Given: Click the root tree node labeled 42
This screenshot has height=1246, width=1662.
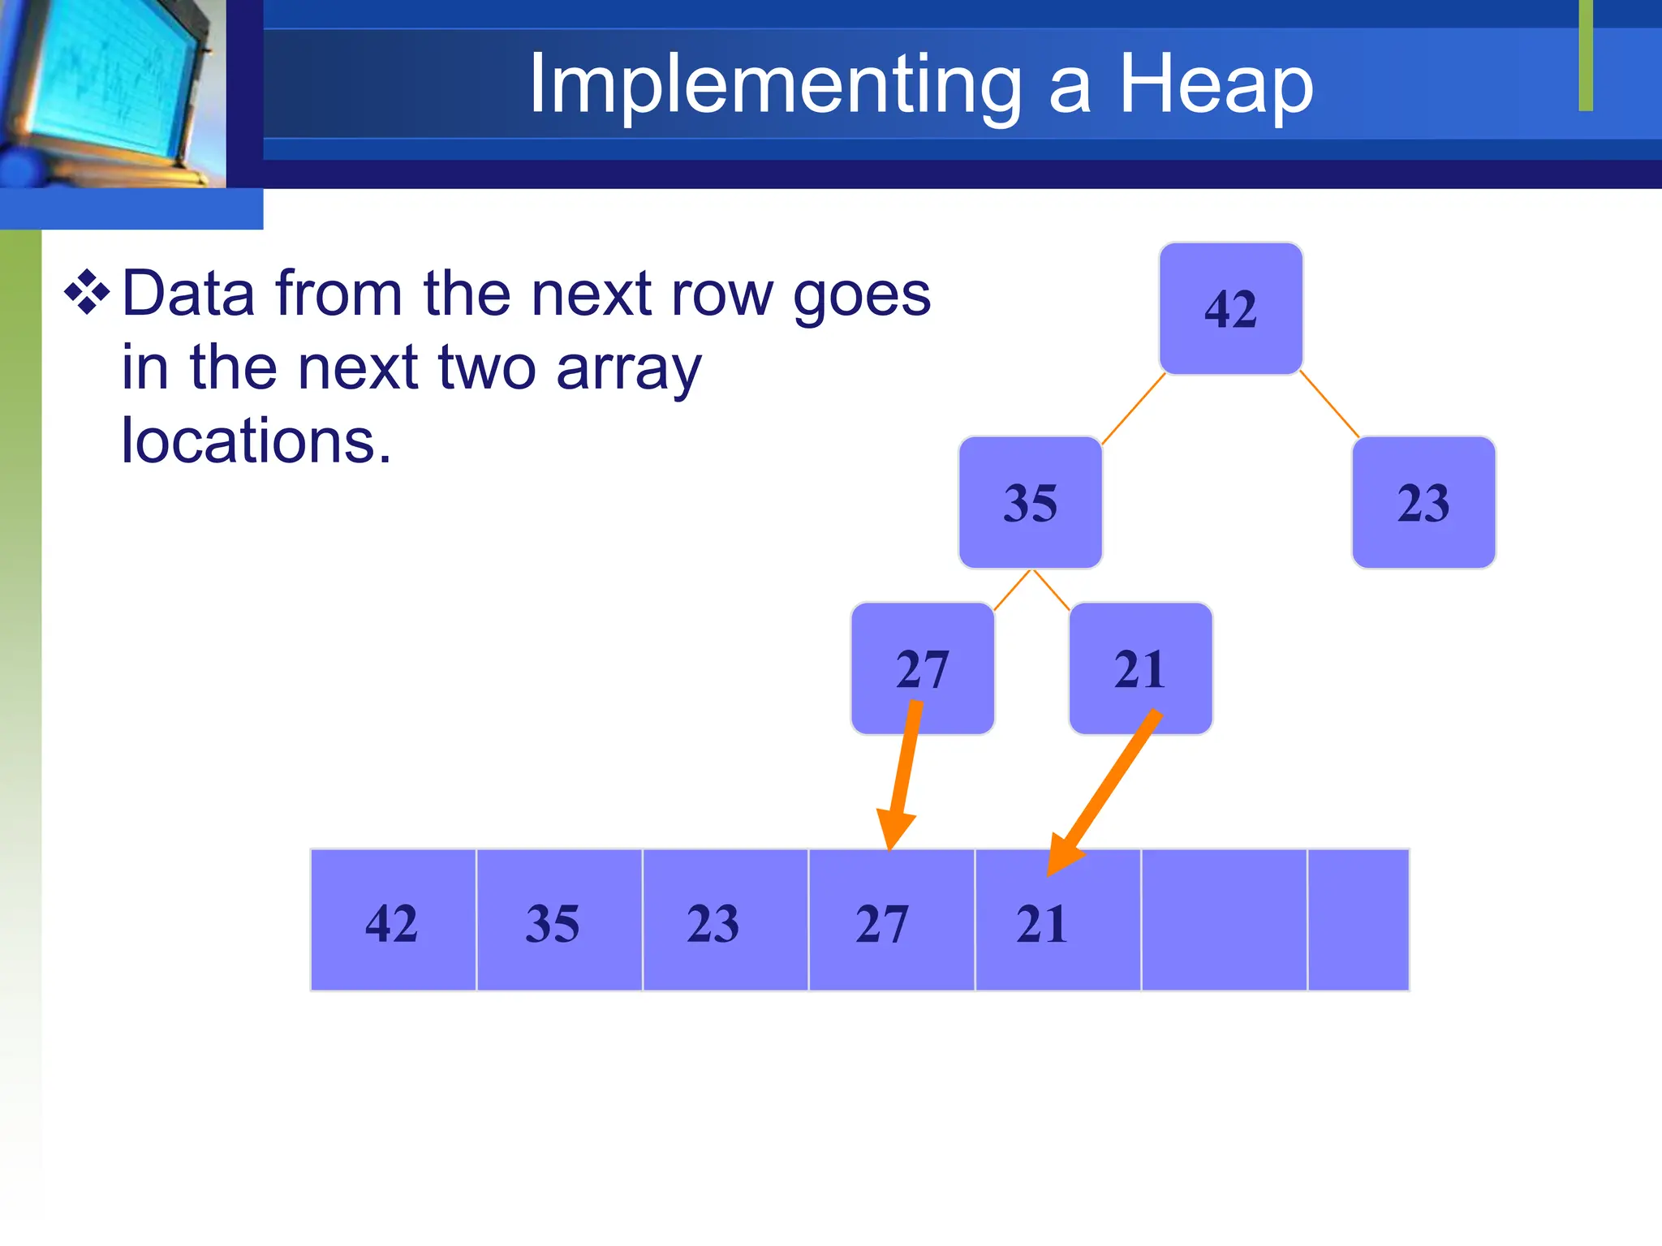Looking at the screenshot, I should pyautogui.click(x=1230, y=308).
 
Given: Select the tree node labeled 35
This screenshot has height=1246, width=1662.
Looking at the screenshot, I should pyautogui.click(x=1030, y=502).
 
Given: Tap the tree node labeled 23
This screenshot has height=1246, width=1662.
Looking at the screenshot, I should pyautogui.click(x=1423, y=502).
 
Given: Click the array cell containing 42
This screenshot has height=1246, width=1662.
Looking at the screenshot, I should pyautogui.click(x=393, y=920).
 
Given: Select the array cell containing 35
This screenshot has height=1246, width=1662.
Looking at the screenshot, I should pyautogui.click(x=559, y=920).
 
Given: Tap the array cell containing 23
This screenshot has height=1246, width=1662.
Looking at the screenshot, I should pyautogui.click(x=725, y=920).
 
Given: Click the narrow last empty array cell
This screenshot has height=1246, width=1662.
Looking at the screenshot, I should pyautogui.click(x=1358, y=920).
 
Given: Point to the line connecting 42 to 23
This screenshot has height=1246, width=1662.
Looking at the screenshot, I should pyautogui.click(x=1329, y=405).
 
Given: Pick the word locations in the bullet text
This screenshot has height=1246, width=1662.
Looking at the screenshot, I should pyautogui.click(x=256, y=440).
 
